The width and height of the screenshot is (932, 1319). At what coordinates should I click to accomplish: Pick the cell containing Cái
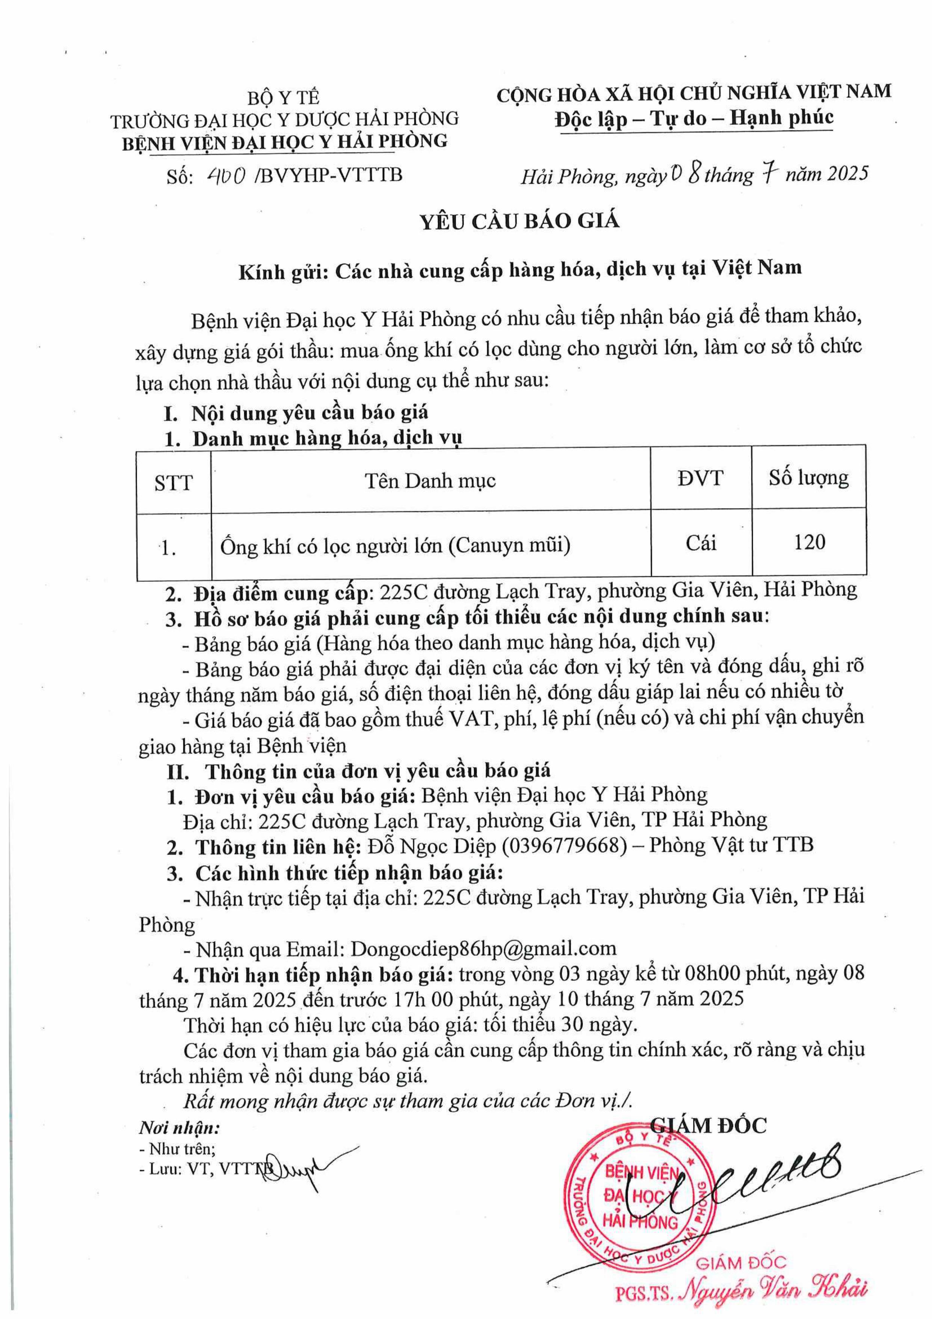701,542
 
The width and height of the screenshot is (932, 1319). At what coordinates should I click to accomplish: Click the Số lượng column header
808,478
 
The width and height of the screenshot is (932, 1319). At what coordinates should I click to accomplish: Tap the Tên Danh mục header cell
430,480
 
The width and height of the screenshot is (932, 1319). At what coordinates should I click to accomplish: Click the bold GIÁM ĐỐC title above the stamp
710,1124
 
